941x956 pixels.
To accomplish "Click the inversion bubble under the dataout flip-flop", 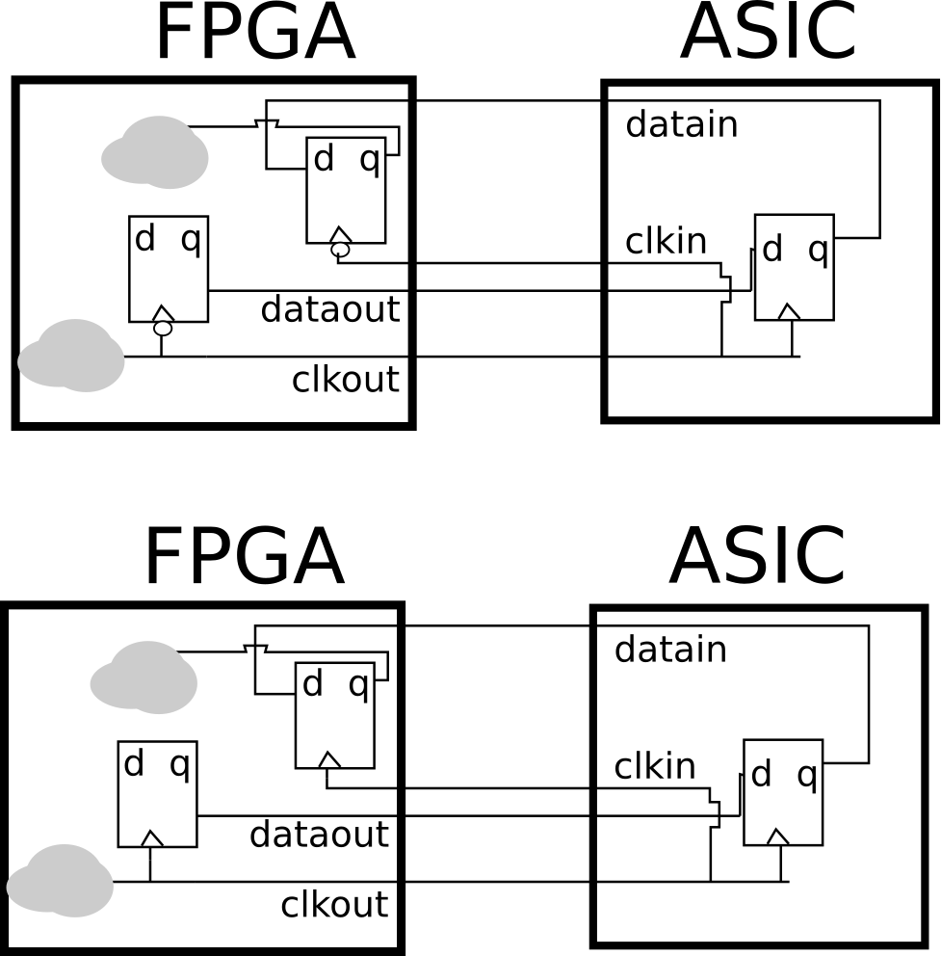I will [x=163, y=329].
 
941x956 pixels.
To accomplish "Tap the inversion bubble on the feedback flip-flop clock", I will [x=340, y=251].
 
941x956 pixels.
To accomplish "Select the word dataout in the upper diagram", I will [x=329, y=310].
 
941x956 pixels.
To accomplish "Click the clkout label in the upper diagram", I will [x=345, y=380].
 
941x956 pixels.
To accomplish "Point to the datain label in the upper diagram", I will [x=681, y=125].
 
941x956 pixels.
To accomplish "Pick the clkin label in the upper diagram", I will [x=666, y=242].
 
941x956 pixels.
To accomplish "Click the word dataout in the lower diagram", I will [x=319, y=835].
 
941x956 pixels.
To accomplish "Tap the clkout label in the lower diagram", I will [x=334, y=905].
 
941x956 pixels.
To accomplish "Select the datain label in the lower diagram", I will [x=670, y=651].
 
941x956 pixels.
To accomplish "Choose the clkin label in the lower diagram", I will [x=655, y=767].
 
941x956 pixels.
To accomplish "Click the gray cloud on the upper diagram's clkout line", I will [x=70, y=356].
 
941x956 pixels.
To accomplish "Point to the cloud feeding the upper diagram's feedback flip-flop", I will [x=155, y=151].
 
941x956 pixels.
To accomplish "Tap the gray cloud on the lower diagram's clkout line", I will [x=60, y=881].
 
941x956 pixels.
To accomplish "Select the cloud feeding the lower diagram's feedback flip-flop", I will [x=144, y=677].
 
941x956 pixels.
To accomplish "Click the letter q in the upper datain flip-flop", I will [x=818, y=250].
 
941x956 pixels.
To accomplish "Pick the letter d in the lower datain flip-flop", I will [x=761, y=774].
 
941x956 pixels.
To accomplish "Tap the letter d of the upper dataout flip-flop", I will [x=144, y=239].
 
